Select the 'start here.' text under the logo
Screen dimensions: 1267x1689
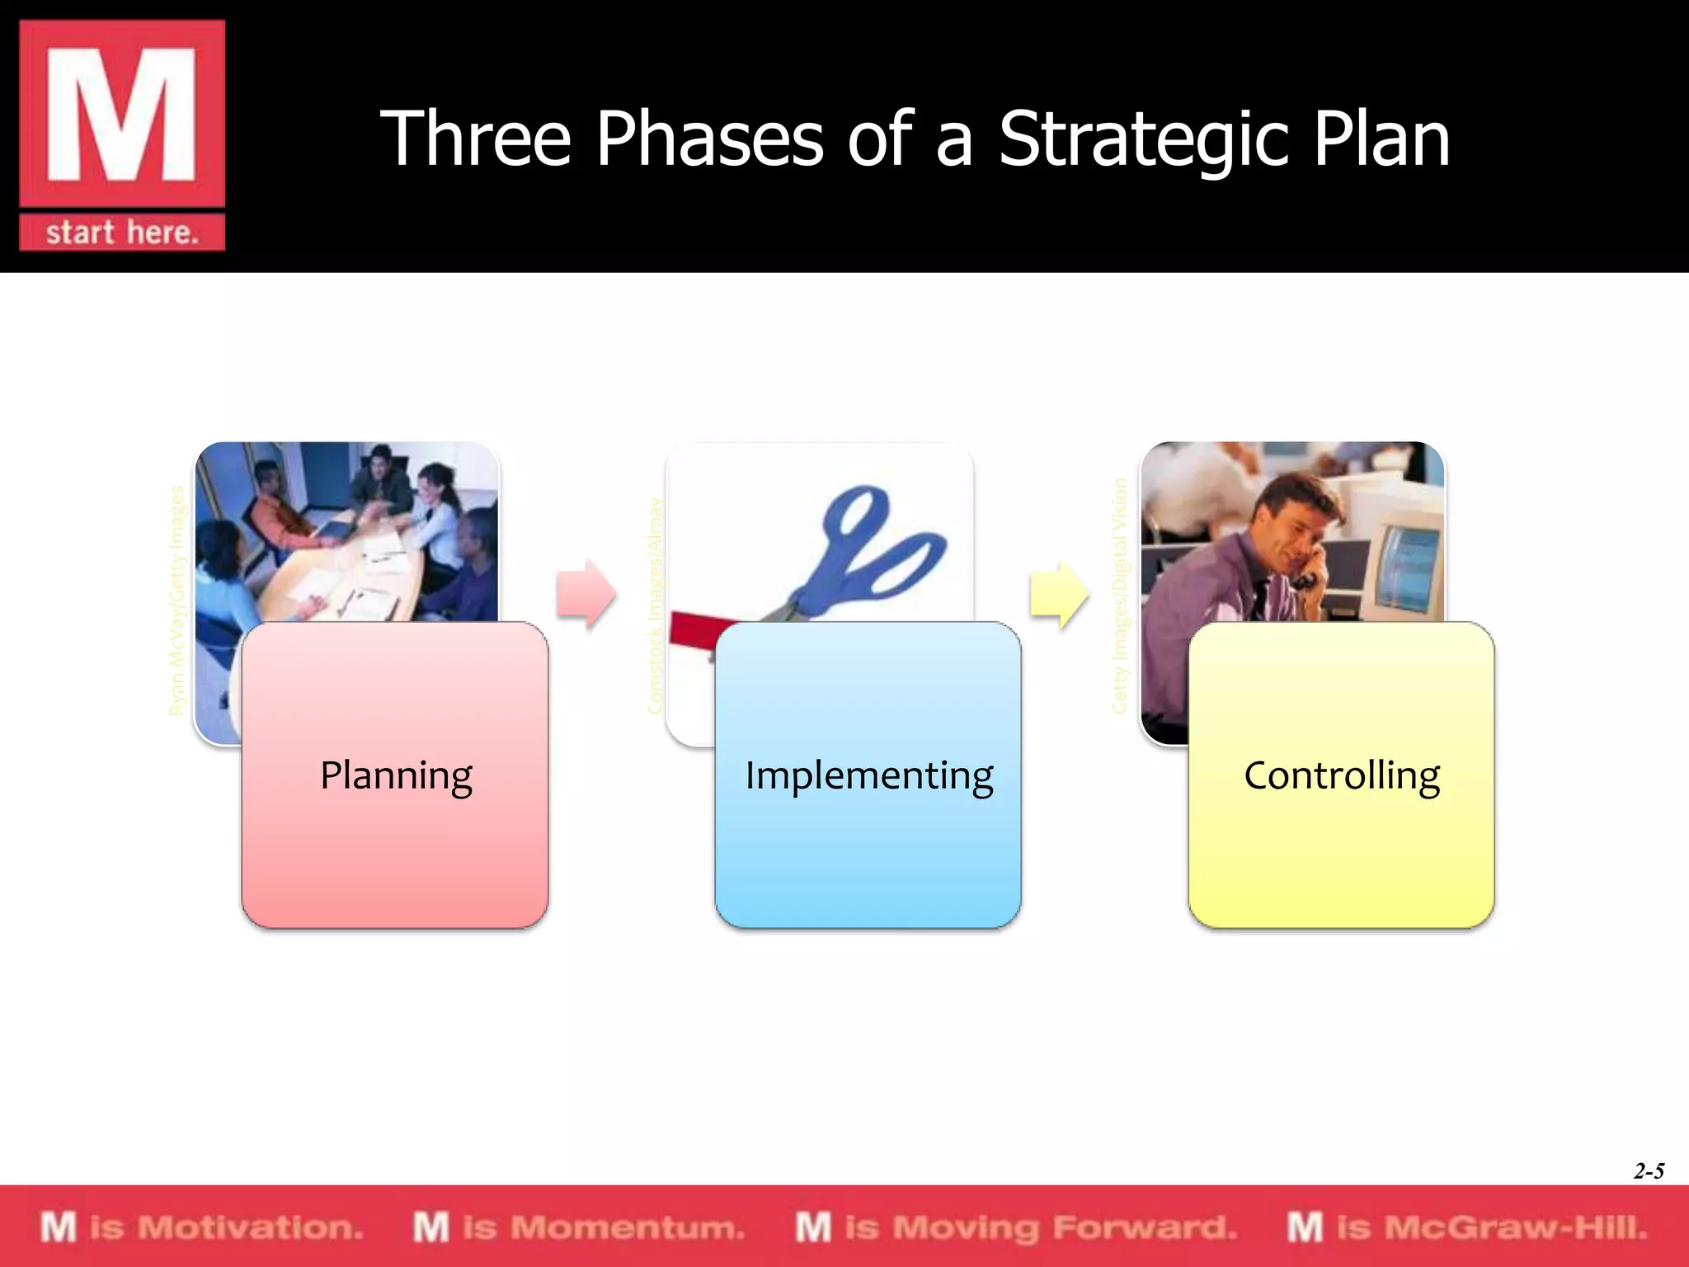[x=122, y=233]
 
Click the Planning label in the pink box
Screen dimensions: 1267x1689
[x=396, y=775]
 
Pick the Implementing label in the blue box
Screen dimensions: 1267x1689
[x=868, y=775]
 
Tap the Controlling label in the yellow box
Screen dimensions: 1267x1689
[x=1341, y=775]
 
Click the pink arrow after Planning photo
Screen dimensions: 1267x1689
[x=586, y=594]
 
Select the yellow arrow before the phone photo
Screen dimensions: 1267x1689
[x=1059, y=594]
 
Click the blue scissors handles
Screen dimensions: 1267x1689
[x=882, y=544]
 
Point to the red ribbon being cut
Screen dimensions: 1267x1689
[x=693, y=631]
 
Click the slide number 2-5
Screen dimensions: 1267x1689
[x=1649, y=1170]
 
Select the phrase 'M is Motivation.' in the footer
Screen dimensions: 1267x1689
[x=202, y=1227]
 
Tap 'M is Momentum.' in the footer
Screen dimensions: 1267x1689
[x=579, y=1227]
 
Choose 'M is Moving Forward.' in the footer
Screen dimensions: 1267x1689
[x=1016, y=1227]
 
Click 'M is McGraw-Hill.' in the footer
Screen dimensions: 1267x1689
[x=1467, y=1227]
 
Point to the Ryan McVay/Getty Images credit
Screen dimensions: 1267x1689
[x=176, y=601]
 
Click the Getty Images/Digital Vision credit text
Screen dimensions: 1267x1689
[x=1119, y=596]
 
